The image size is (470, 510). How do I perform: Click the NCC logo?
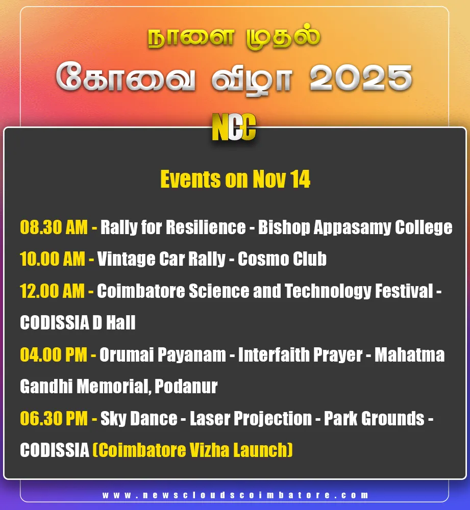(234, 127)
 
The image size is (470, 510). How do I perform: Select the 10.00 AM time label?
(53, 259)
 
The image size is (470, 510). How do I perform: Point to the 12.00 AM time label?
(53, 291)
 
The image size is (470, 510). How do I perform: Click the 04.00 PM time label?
(54, 355)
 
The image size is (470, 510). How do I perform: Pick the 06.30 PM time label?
(54, 419)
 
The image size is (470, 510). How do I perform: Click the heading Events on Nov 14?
(235, 180)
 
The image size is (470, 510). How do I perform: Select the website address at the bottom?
(235, 495)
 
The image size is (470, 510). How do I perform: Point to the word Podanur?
(186, 387)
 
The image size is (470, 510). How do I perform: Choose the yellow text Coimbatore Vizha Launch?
(192, 450)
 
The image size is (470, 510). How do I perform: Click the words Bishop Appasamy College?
(355, 227)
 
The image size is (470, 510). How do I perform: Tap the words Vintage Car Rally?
(161, 259)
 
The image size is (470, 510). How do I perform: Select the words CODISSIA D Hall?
(78, 323)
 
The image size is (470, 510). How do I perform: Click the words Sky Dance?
(139, 419)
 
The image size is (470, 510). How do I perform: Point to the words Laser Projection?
(251, 419)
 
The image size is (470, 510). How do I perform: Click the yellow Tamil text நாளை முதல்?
(234, 39)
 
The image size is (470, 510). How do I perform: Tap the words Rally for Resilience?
(173, 227)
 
